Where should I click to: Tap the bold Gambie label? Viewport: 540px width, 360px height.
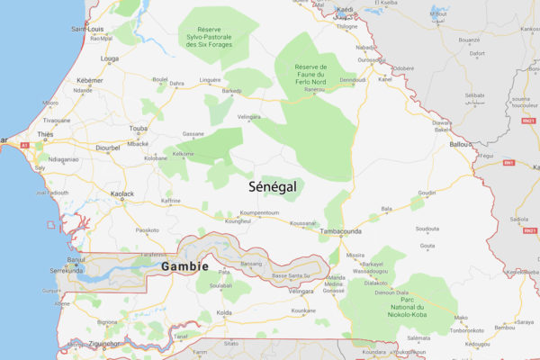coord(184,267)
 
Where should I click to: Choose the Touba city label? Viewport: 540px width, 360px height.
coord(139,129)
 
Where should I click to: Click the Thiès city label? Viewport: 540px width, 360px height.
coord(45,134)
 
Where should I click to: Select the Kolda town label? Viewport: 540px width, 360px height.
coord(224,312)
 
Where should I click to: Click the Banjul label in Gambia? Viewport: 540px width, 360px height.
coord(75,262)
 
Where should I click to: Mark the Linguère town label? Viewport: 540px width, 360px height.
coord(209,79)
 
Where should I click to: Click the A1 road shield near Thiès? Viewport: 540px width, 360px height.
coord(24,144)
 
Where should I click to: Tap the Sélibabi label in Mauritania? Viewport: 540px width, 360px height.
coord(474,94)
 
